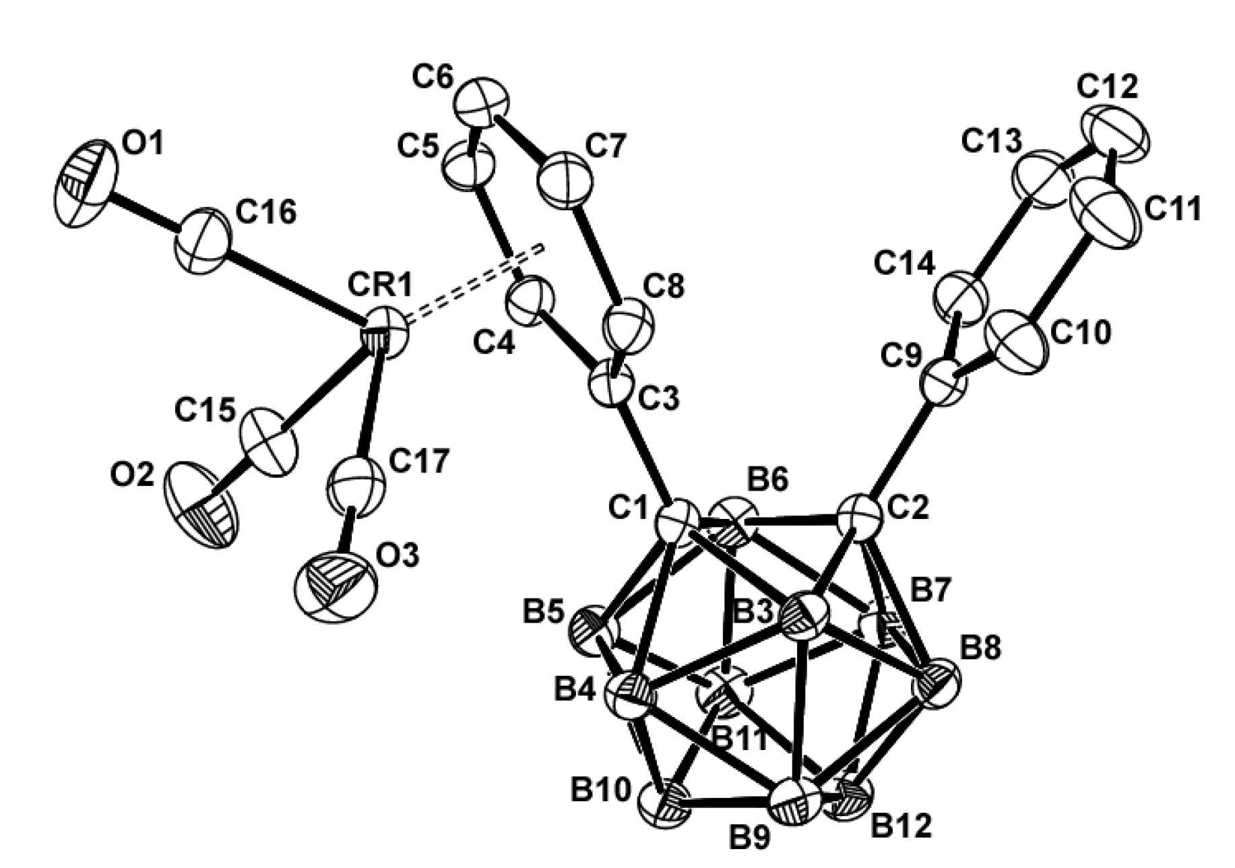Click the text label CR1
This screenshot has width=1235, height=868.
pyautogui.click(x=381, y=286)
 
